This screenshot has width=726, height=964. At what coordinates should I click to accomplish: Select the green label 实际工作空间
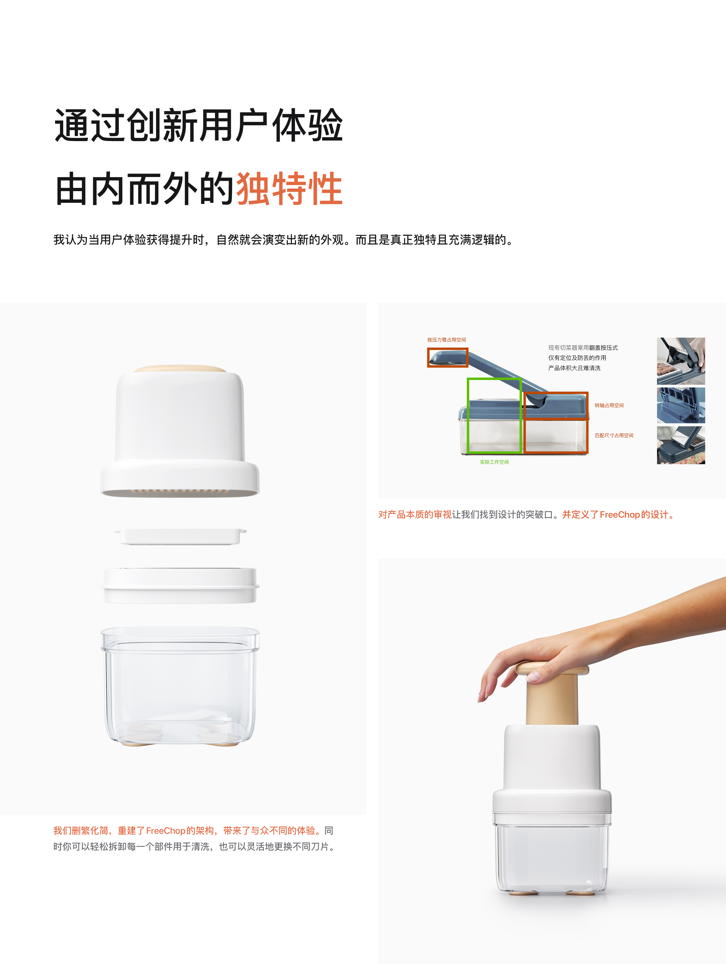494,462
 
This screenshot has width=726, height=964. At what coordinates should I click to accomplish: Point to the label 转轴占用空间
609,405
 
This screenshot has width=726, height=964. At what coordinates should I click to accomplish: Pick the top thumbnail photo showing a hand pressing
681,361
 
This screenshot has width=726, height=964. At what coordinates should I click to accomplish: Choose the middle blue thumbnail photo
681,405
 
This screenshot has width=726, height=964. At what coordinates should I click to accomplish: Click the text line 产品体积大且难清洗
574,368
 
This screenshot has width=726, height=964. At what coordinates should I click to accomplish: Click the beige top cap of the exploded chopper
180,369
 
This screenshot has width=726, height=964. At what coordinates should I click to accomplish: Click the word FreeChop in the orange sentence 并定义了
619,515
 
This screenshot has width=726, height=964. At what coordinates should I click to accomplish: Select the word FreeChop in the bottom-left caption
166,831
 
